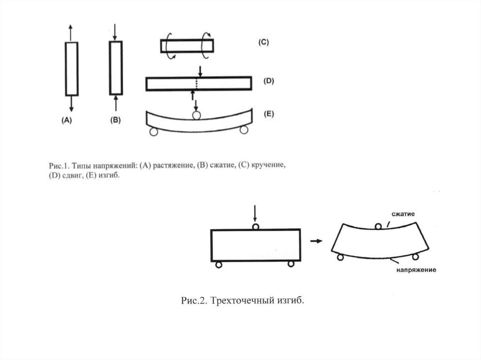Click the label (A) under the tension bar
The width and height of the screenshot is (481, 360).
(67, 120)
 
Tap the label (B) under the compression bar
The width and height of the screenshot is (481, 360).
(116, 120)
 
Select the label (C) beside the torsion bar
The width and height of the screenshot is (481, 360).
(263, 42)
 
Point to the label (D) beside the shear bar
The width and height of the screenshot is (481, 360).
(268, 81)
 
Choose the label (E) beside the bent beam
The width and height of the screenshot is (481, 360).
(268, 114)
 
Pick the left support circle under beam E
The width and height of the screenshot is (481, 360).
(153, 132)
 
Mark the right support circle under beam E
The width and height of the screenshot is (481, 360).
(243, 130)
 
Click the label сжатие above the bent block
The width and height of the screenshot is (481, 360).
(403, 214)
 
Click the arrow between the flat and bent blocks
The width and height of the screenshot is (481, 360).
(317, 241)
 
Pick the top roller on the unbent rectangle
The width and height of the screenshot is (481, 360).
(255, 227)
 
